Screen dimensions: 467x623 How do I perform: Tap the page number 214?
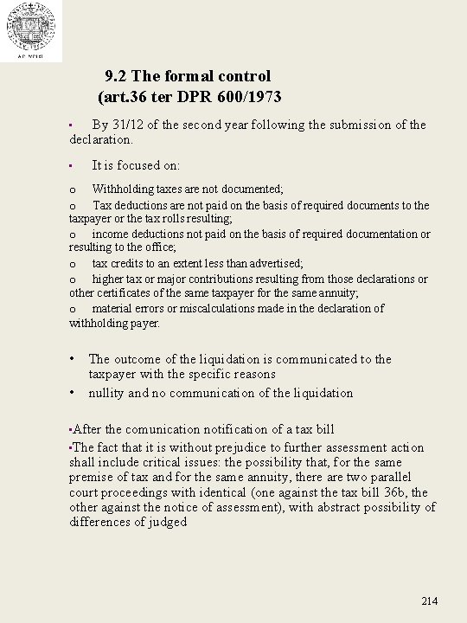[x=430, y=601]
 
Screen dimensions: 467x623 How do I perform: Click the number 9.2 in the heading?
[x=117, y=76]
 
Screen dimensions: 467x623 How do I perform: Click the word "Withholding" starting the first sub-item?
[x=126, y=189]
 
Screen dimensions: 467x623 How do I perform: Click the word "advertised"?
[x=274, y=263]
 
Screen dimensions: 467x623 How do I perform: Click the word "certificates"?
[x=121, y=293]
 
